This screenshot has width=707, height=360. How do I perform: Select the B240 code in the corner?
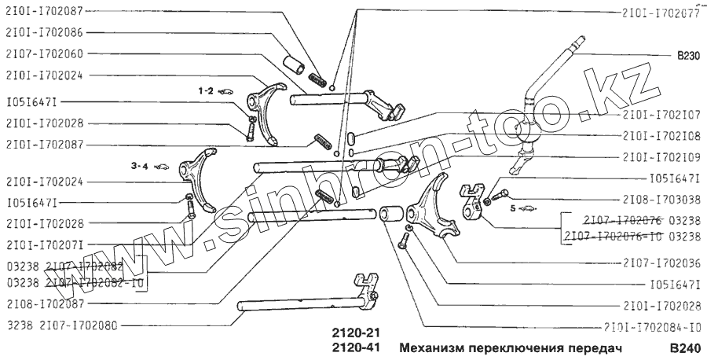(683, 347)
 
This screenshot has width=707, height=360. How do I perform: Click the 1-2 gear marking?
(206, 91)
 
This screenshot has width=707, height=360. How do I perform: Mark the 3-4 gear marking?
(138, 166)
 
